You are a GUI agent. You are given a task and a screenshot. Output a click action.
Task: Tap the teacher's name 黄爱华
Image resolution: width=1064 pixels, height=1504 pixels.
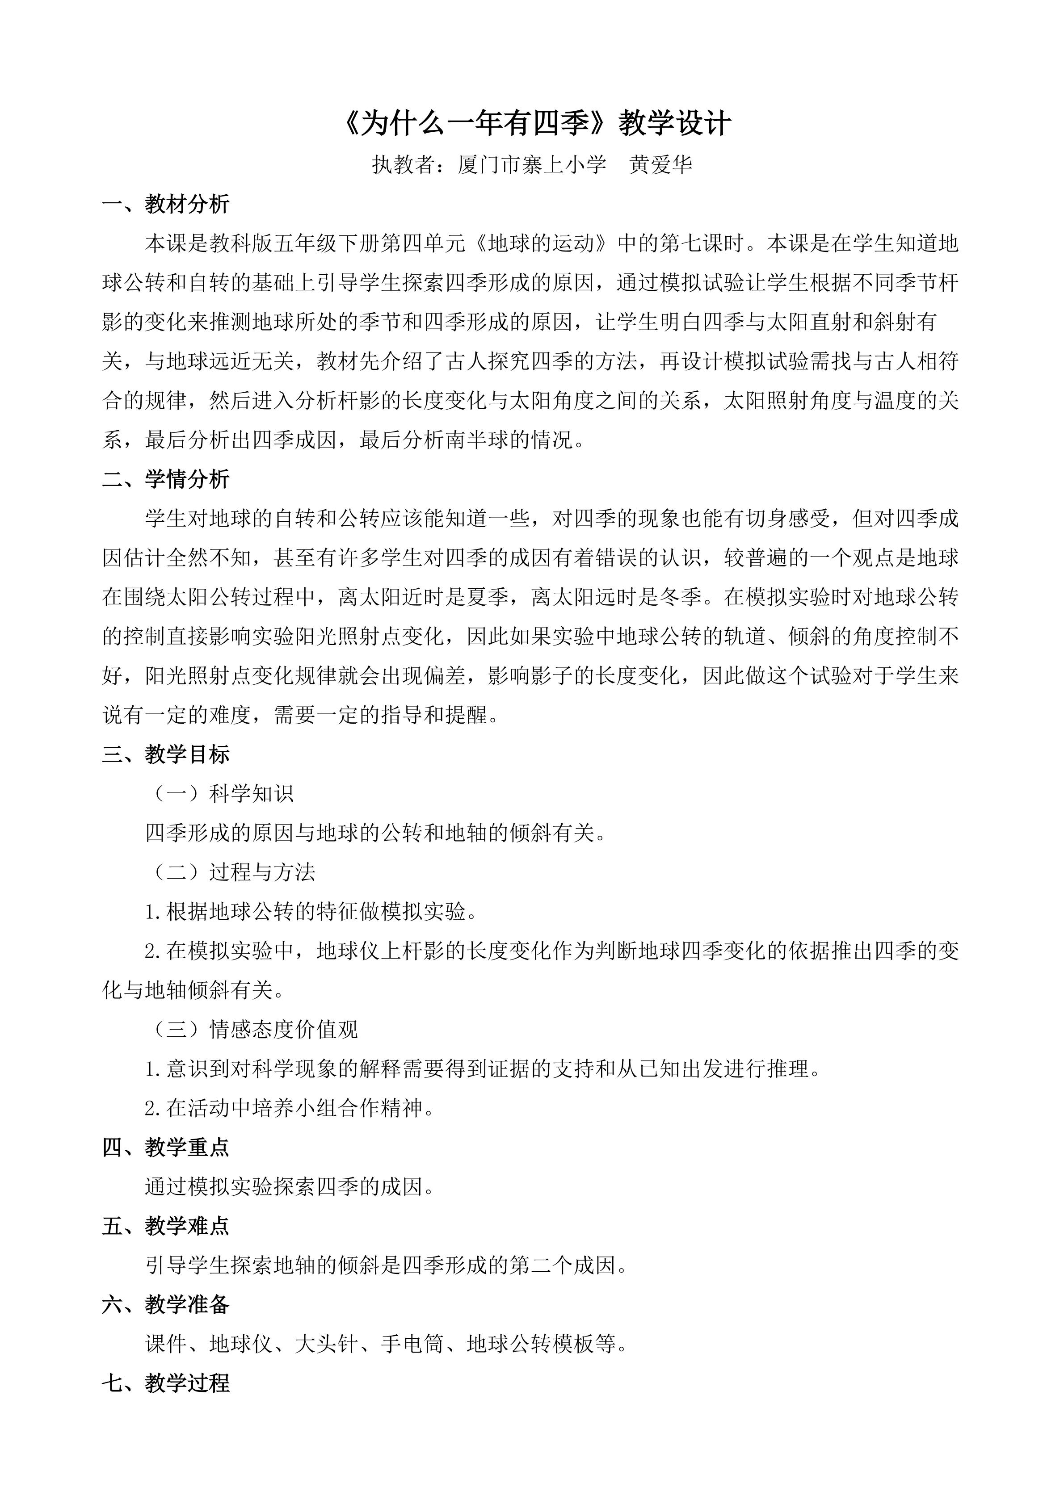[x=660, y=165]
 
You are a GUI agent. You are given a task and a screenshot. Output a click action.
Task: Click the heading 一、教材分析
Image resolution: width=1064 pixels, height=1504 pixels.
[x=166, y=205]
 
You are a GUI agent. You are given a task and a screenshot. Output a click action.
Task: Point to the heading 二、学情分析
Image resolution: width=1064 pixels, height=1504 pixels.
[x=166, y=479]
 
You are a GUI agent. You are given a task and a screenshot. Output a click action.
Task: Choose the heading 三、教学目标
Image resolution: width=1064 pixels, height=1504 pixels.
[x=166, y=754]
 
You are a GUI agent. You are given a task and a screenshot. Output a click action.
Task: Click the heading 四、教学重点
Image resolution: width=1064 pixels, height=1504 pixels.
[x=166, y=1148]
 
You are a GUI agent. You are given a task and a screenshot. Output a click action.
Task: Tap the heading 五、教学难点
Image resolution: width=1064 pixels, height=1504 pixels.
[x=166, y=1226]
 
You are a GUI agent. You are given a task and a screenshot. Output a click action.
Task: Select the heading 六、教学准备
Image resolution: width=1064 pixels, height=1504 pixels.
[x=166, y=1305]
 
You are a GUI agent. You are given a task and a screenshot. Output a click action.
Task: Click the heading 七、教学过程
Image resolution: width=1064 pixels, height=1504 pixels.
[x=166, y=1383]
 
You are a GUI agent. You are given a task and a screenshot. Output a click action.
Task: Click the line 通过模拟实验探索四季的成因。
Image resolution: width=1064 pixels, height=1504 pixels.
[x=290, y=1187]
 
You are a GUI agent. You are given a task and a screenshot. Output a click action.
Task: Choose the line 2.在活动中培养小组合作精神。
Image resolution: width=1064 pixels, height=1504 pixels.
[x=290, y=1108]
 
